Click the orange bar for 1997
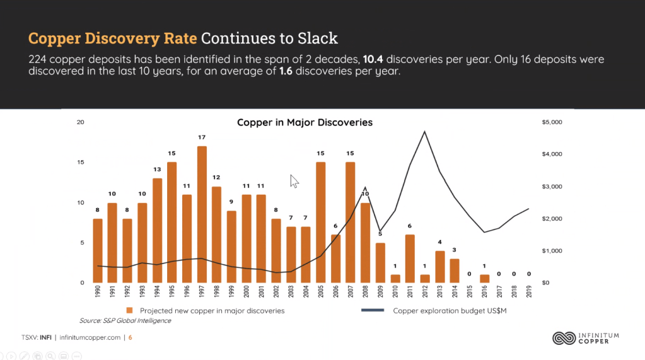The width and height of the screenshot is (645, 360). coord(202,214)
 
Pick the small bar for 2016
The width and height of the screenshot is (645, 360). coord(484,279)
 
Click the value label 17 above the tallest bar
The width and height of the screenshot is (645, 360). coord(202,137)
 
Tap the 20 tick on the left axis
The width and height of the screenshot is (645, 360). coord(80,122)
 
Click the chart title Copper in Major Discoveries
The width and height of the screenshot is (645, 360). coord(305,122)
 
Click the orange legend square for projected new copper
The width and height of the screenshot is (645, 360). coord(129,311)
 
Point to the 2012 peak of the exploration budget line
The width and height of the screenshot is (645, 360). coord(425,132)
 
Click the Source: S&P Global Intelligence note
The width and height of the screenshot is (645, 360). coord(125,321)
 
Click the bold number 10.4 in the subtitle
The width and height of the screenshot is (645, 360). coord(373,60)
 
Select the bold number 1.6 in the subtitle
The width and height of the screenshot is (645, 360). coord(287,71)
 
